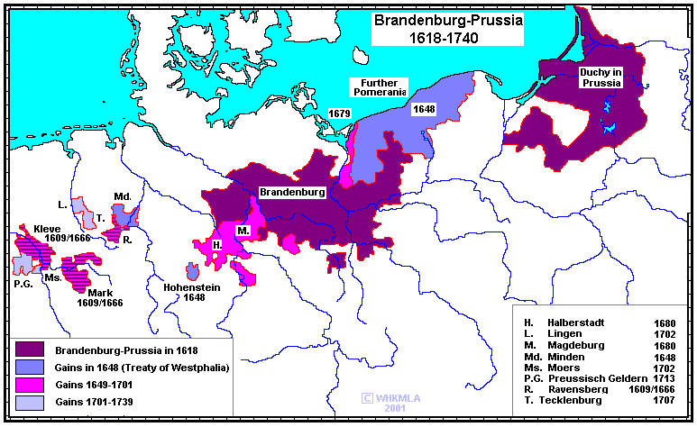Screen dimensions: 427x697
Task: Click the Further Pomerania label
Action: click(x=379, y=86)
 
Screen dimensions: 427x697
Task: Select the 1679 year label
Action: click(x=340, y=114)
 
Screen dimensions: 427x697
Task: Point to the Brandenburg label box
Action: click(x=292, y=193)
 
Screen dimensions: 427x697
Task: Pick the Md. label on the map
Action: click(x=124, y=196)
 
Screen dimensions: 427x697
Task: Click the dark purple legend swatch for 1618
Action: click(x=31, y=350)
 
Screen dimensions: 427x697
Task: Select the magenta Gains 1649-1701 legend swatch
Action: click(x=31, y=386)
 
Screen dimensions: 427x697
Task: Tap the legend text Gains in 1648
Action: click(x=142, y=368)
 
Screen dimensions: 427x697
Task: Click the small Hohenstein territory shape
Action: click(x=192, y=271)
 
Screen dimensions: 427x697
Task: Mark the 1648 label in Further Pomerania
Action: click(x=424, y=109)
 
